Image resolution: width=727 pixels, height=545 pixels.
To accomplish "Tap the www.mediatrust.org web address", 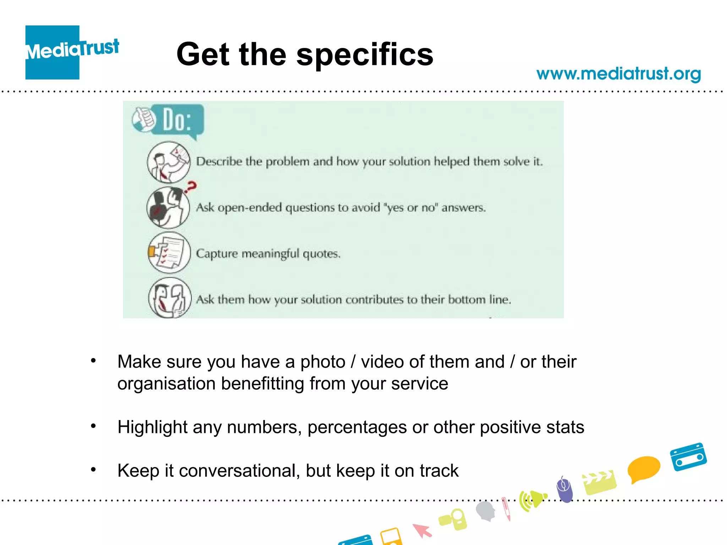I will point(618,74).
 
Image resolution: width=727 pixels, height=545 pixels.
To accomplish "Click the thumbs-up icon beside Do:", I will point(143,119).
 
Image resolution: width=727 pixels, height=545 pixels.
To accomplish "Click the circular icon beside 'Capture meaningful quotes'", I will point(169,253).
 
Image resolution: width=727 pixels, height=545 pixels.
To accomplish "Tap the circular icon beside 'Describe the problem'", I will point(169,162).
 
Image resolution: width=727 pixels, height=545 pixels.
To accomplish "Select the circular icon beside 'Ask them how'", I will point(170,298).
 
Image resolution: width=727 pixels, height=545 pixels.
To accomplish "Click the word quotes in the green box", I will point(321,254).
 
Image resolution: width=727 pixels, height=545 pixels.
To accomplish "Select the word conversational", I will point(237,471).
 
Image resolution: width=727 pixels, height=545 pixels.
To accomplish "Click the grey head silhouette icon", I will point(486,511).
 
